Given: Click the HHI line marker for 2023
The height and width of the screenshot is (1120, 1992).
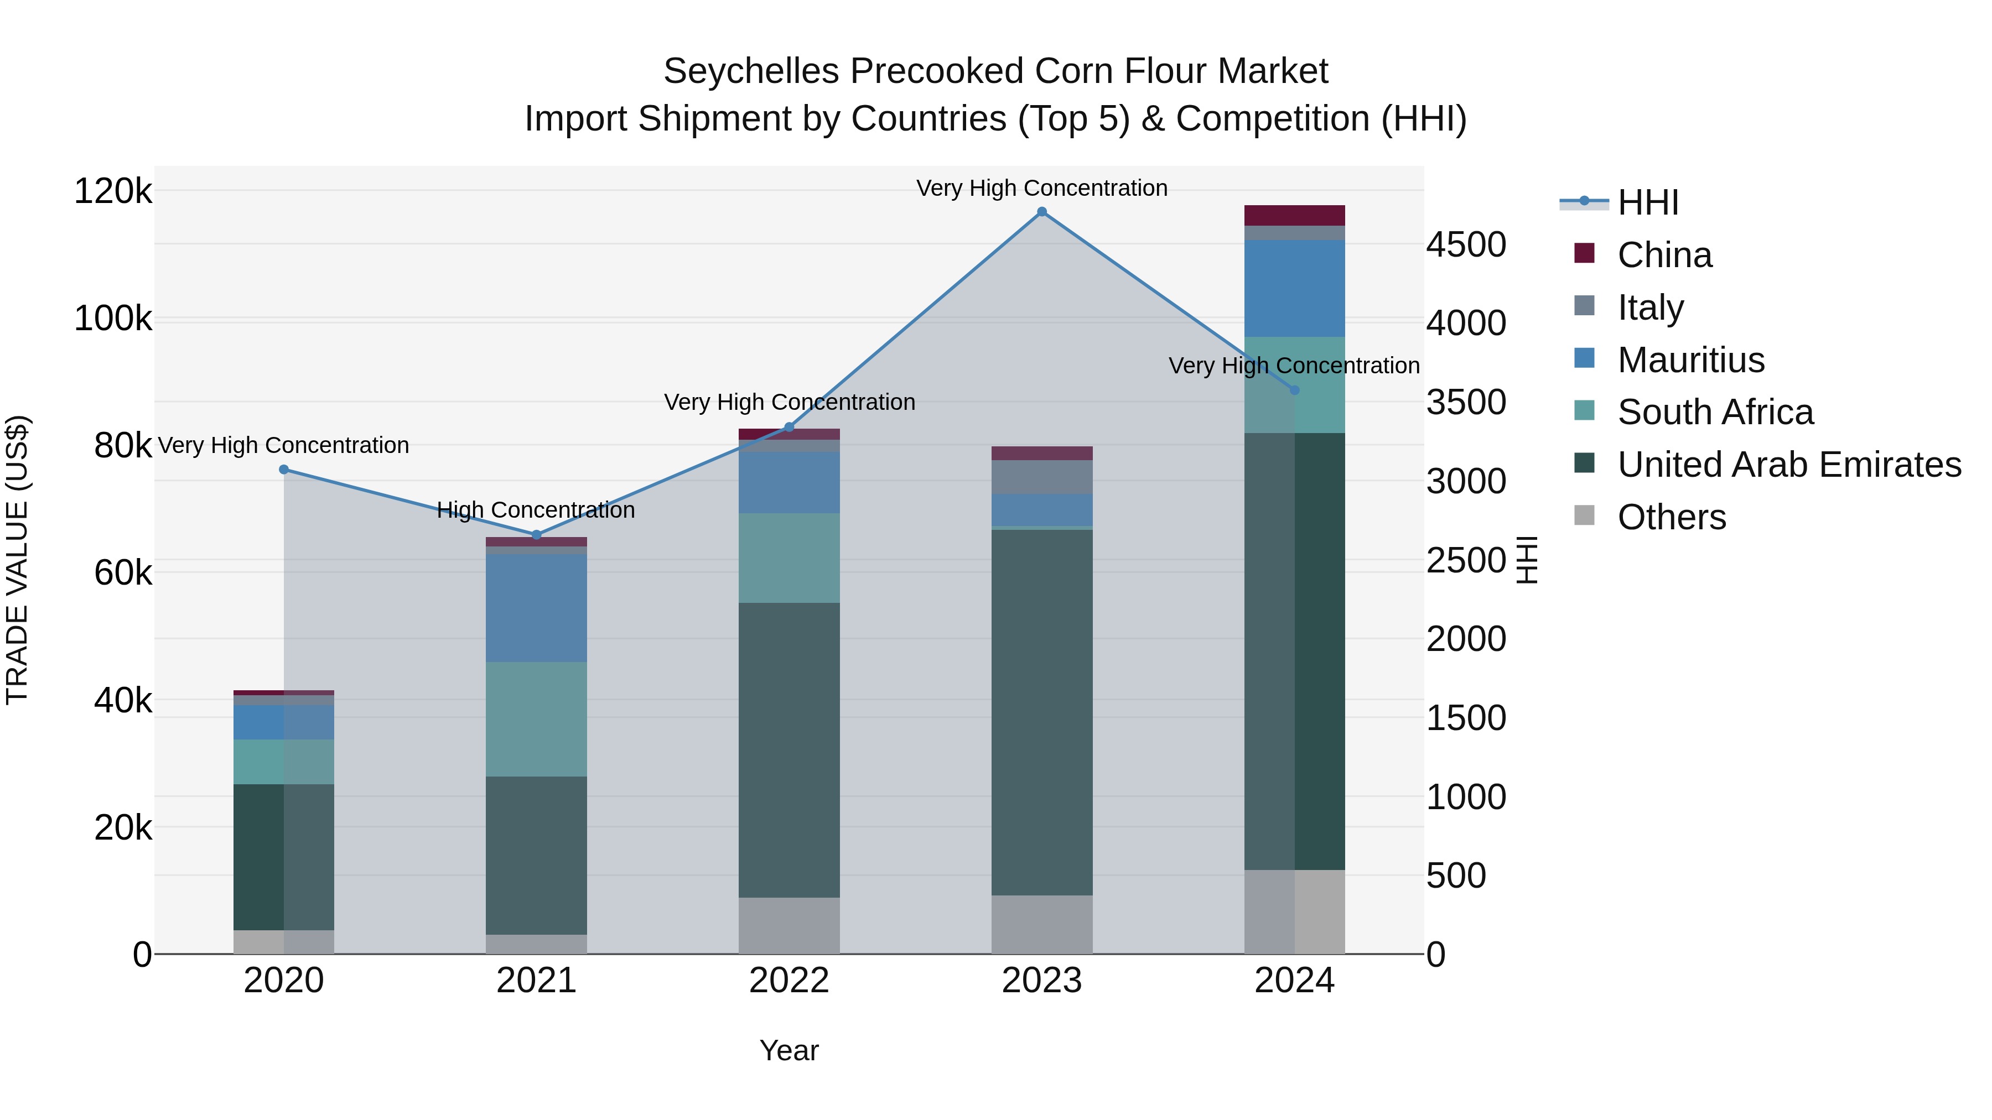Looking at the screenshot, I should pyautogui.click(x=1041, y=212).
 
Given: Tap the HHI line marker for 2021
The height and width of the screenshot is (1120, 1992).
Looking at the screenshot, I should pyautogui.click(x=537, y=535).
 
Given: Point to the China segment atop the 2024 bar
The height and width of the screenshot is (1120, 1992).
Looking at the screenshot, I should pyautogui.click(x=1294, y=216).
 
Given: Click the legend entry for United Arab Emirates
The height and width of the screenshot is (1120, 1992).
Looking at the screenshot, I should pyautogui.click(x=1788, y=465).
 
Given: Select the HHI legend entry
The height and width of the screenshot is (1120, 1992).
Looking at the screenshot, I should pyautogui.click(x=1647, y=202).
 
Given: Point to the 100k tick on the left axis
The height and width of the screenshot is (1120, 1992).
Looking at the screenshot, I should pyautogui.click(x=113, y=319).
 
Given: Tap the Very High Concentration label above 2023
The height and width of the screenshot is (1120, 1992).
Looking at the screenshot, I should pyautogui.click(x=1041, y=188).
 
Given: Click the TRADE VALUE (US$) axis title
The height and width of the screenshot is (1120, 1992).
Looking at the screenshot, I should pyautogui.click(x=18, y=560).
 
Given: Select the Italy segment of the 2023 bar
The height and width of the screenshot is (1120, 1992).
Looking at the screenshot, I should pyautogui.click(x=1041, y=477).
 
